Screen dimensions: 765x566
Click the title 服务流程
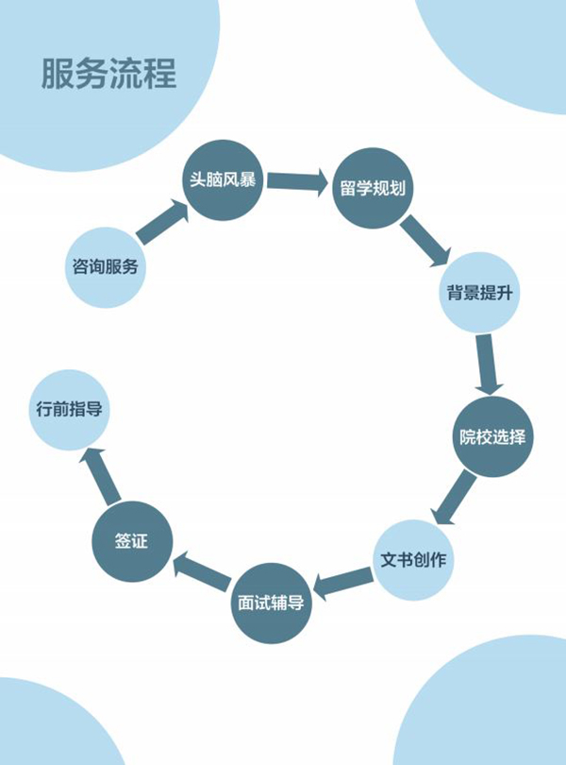point(108,74)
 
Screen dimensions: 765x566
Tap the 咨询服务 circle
point(106,266)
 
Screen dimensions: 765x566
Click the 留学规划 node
point(373,187)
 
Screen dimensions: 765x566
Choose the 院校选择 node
point(491,437)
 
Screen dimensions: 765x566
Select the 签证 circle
point(132,541)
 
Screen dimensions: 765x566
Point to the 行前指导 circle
point(69,410)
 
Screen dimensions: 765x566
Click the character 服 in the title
point(58,74)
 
